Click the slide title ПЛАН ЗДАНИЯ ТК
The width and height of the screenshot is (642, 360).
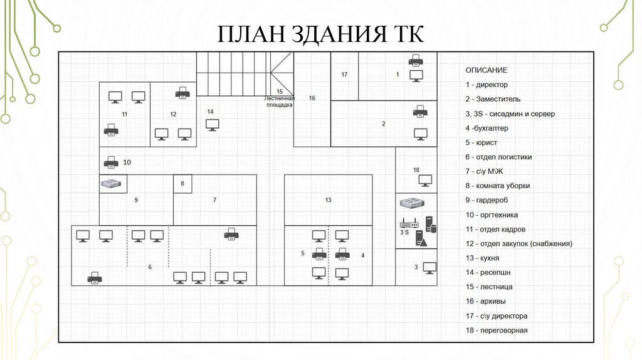tap(320, 34)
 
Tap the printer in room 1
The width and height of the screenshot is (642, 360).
tap(416, 60)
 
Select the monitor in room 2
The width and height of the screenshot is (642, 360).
tap(421, 134)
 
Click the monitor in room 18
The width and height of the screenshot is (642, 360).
tap(426, 181)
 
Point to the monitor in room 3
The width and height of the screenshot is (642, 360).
tap(430, 267)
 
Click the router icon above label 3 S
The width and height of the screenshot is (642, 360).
tap(404, 223)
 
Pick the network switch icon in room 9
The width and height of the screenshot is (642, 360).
tap(113, 183)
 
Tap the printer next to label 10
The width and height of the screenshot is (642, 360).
tap(110, 162)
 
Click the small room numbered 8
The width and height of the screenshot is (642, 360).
tap(182, 184)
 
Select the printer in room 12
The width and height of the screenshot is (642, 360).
tap(182, 93)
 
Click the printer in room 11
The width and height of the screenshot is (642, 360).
tap(111, 131)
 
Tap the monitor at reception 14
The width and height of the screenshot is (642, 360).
tap(212, 124)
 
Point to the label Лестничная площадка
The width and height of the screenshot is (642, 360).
tap(279, 102)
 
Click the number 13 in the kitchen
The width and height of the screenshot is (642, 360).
tap(328, 200)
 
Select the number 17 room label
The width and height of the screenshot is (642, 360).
tap(344, 75)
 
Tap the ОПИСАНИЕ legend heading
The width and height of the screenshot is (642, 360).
tap(486, 70)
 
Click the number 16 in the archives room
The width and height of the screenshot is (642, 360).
tap(312, 98)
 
